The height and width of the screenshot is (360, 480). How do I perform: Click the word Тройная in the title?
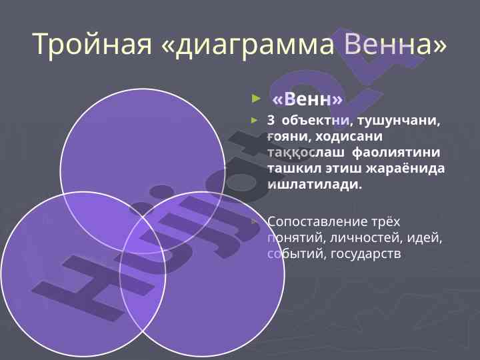click(92, 44)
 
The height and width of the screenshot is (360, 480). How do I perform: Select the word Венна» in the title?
click(395, 44)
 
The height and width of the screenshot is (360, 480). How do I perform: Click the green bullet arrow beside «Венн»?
click(256, 99)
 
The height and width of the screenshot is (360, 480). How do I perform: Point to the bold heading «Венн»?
click(307, 99)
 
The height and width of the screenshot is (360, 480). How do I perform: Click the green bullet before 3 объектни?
click(255, 121)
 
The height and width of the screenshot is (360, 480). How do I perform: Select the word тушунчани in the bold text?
click(398, 121)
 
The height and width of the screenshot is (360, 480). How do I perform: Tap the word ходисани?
click(349, 137)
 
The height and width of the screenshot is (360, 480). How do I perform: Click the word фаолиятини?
click(396, 153)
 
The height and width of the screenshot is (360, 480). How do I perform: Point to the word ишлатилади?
click(315, 185)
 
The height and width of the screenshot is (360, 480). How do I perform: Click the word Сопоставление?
click(317, 221)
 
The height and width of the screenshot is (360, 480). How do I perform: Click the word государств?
click(366, 254)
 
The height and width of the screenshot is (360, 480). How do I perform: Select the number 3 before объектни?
click(271, 121)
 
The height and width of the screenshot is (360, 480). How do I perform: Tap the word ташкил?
click(294, 169)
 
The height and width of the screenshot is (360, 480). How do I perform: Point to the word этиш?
click(343, 169)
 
